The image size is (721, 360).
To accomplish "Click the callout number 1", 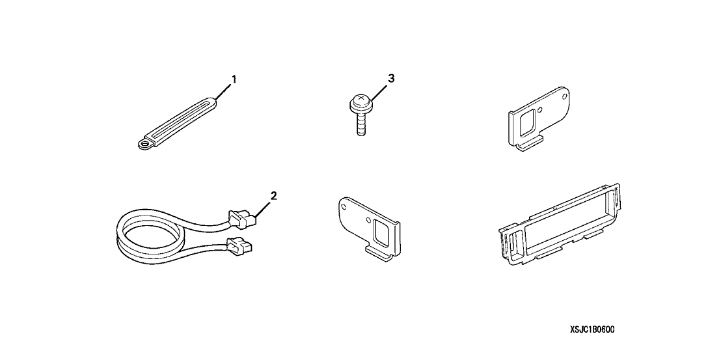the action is coord(234,79).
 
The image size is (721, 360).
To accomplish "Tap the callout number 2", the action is coord(273,197).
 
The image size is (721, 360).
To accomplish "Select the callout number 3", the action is coord(391,79).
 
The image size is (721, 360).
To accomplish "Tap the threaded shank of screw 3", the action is coord(361,124).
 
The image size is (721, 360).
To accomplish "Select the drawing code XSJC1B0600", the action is coord(592,329).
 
